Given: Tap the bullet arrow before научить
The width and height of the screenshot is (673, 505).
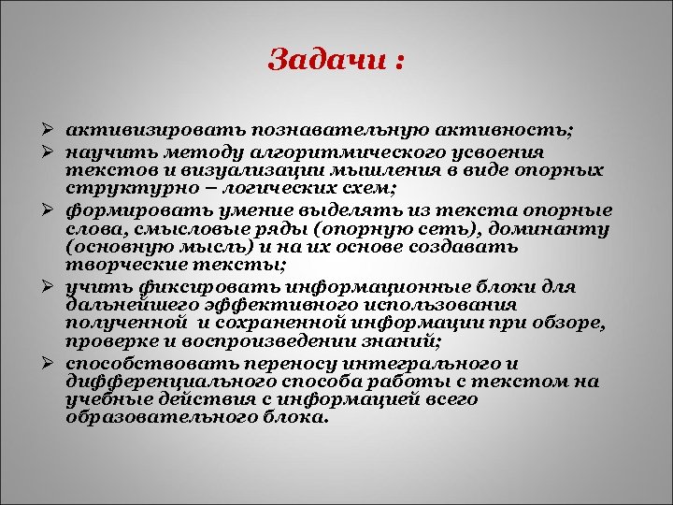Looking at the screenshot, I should (x=57, y=151).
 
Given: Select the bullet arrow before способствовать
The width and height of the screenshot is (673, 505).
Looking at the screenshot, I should (x=57, y=362).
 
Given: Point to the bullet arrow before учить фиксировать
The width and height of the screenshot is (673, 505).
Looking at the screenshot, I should (x=57, y=286).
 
